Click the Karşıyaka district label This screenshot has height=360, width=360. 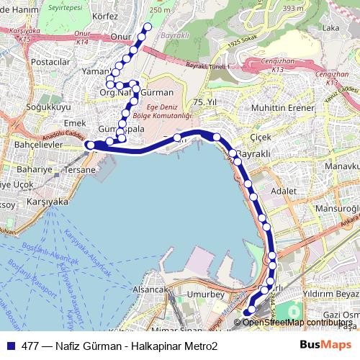tap(45, 202)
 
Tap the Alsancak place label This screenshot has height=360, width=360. tap(150, 288)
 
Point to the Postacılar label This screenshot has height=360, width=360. tap(50, 62)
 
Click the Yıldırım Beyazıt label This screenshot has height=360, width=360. tap(330, 294)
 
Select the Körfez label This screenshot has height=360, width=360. tap(105, 15)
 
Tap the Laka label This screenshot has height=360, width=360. tap(331, 28)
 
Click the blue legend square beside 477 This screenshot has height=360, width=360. tap(10, 346)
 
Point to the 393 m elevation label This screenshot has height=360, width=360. tap(293, 9)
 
